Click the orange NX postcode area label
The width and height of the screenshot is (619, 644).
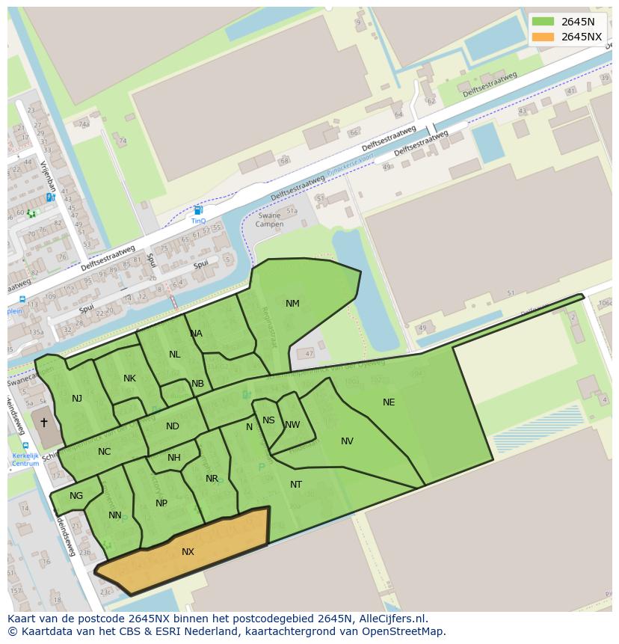[x=188, y=552]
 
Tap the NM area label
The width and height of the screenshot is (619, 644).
[x=292, y=304]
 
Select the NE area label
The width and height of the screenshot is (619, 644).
[x=389, y=402]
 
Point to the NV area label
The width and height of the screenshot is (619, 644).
[x=347, y=441]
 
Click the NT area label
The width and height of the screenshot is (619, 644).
[x=296, y=485]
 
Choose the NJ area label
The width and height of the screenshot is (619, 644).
[x=77, y=399]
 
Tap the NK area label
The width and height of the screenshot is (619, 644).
[x=129, y=378]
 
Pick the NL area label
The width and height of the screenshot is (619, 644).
[x=174, y=355]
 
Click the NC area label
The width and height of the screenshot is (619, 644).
[x=104, y=452]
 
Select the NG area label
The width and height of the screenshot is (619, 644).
[x=76, y=496]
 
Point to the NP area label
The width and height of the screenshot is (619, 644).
[x=161, y=503]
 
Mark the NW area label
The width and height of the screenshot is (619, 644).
[x=292, y=425]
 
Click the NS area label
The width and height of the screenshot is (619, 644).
[x=268, y=420]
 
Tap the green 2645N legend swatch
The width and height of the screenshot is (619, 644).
[x=543, y=22]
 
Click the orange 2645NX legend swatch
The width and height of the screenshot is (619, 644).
[x=543, y=37]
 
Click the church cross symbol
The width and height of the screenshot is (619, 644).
[x=43, y=423]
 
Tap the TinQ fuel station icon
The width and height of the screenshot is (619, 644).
[x=198, y=211]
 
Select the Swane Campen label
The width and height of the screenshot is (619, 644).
[x=269, y=220]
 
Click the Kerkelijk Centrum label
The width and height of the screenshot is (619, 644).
[x=25, y=459]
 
